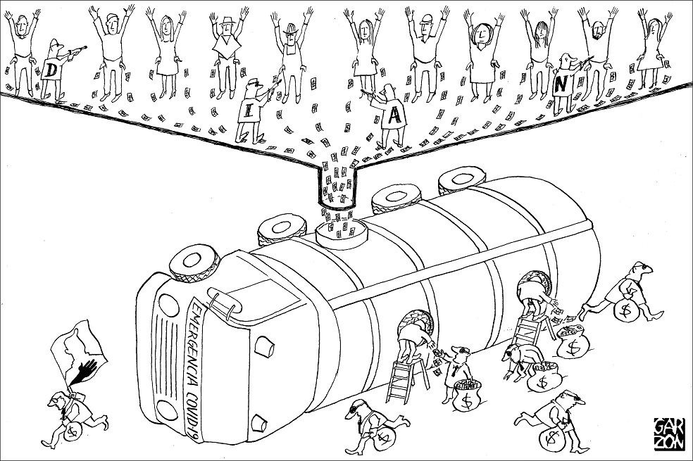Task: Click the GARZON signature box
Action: [670, 434]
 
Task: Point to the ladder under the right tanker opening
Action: [530, 329]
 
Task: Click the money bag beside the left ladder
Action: [466, 396]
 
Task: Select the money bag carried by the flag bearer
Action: [73, 431]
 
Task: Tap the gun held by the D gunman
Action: [76, 51]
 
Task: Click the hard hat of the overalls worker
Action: [290, 27]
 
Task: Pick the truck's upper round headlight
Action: [168, 305]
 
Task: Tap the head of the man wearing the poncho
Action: [227, 27]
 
